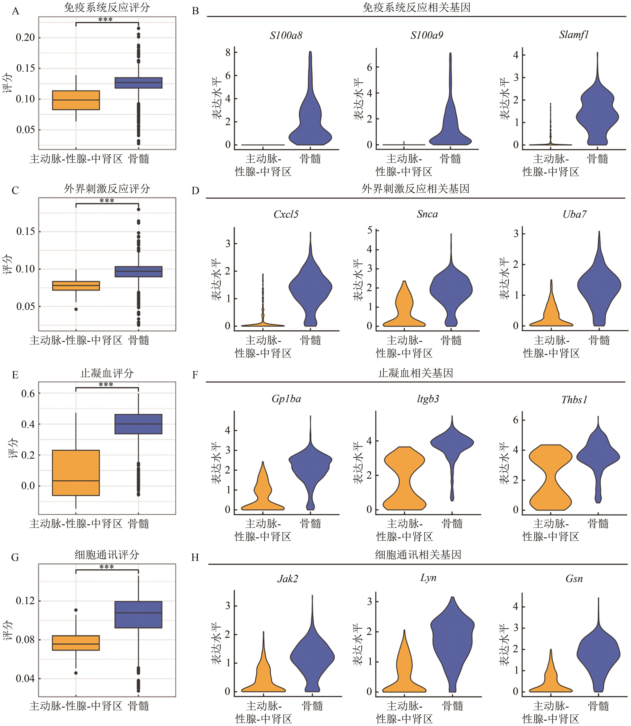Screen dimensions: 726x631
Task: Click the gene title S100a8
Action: pos(286,36)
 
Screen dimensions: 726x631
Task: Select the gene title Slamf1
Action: pos(574,35)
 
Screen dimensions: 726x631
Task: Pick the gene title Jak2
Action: pos(287,579)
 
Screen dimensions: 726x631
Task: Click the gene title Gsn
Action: pos(574,579)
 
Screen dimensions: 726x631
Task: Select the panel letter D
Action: pos(196,191)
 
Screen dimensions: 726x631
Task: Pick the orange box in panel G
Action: pos(76,643)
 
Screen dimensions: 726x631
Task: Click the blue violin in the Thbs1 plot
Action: pos(598,458)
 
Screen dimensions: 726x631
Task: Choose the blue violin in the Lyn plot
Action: pos(452,634)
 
